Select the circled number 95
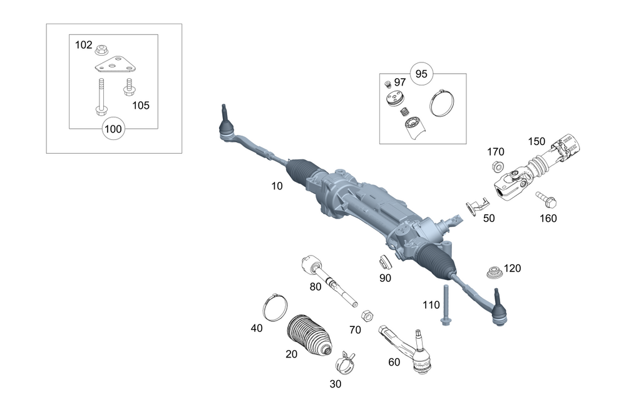point(421,74)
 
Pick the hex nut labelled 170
point(495,167)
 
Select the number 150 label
point(537,141)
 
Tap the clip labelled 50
point(476,206)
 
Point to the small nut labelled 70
point(369,313)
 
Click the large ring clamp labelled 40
point(274,306)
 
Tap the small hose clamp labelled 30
point(345,359)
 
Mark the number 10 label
point(277,186)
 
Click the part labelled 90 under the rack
point(385,262)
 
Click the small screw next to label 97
point(387,84)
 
